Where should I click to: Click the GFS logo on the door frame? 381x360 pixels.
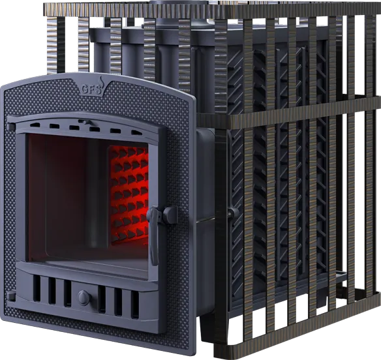(x=92, y=87)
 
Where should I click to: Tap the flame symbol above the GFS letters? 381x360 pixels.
(x=100, y=82)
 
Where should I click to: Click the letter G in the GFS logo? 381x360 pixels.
(x=84, y=90)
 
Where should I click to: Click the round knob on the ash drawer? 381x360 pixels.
(x=84, y=297)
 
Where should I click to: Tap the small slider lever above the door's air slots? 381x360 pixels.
(x=84, y=121)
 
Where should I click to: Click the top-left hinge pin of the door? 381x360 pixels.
(x=11, y=127)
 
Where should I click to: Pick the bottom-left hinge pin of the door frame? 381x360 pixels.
(x=11, y=295)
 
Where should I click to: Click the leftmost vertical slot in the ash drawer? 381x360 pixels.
(x=37, y=288)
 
